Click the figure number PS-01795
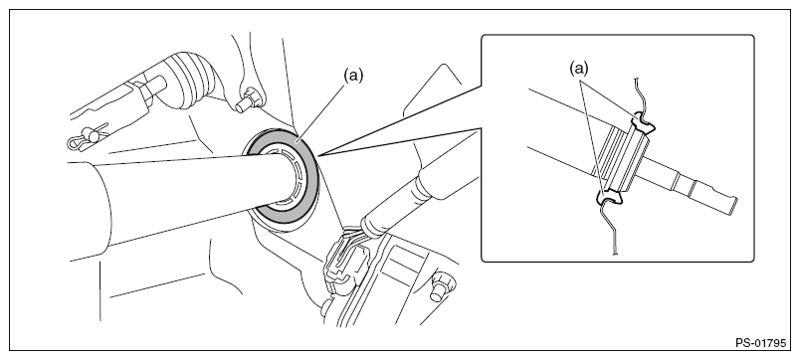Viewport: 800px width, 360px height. click(x=761, y=343)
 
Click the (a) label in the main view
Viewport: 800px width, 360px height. click(x=353, y=76)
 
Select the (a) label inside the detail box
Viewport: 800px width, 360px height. click(x=579, y=70)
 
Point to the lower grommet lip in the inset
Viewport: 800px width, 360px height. click(x=609, y=196)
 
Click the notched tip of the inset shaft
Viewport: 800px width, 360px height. click(x=731, y=205)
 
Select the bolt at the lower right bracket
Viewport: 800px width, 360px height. click(x=438, y=287)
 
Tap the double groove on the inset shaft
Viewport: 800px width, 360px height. click(x=685, y=184)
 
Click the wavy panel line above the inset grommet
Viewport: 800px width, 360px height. click(x=637, y=95)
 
